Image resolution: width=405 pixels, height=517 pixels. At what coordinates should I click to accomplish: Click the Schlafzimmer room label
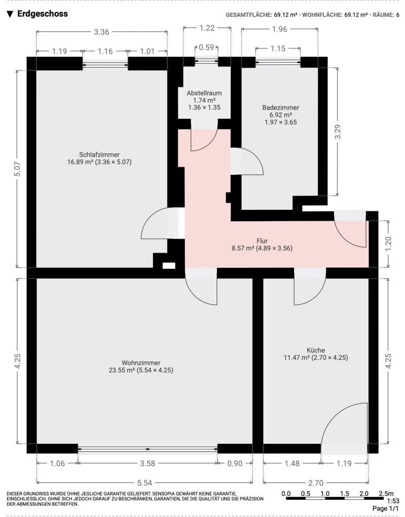[x=99, y=155]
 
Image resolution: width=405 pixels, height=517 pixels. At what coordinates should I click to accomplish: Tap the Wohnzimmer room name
[x=141, y=363]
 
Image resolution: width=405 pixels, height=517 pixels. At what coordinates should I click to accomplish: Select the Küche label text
[x=316, y=350]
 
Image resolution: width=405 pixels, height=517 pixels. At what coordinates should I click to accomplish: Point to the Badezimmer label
[x=281, y=108]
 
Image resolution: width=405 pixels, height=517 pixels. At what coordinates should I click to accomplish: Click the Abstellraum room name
[x=204, y=93]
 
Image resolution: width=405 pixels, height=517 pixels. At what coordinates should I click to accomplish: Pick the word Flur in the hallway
[x=262, y=241]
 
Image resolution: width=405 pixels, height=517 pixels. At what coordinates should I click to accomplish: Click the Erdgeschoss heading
[x=43, y=14]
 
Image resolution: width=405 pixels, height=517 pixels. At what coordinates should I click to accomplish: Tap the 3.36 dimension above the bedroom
[x=101, y=32]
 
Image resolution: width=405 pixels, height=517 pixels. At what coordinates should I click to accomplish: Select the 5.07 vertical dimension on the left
[x=18, y=169]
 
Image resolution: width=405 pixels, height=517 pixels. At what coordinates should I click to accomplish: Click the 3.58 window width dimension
[x=147, y=463]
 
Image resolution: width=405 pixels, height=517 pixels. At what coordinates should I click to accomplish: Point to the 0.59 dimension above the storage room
[x=207, y=48]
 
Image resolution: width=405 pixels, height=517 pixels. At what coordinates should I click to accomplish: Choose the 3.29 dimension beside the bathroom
[x=338, y=132]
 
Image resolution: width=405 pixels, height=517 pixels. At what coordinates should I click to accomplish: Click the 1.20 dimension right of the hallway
[x=388, y=243]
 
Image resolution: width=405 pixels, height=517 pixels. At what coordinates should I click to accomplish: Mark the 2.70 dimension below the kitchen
[x=315, y=483]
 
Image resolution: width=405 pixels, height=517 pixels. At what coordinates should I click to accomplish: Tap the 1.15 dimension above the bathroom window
[x=278, y=49]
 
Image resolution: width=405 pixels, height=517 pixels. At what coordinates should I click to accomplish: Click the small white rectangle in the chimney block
[x=169, y=265]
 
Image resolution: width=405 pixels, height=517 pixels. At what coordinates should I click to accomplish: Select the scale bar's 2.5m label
[x=386, y=494]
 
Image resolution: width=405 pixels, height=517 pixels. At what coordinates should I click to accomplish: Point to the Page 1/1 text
[x=386, y=508]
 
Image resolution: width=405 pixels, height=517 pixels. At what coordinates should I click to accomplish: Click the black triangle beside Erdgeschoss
[x=10, y=14]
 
